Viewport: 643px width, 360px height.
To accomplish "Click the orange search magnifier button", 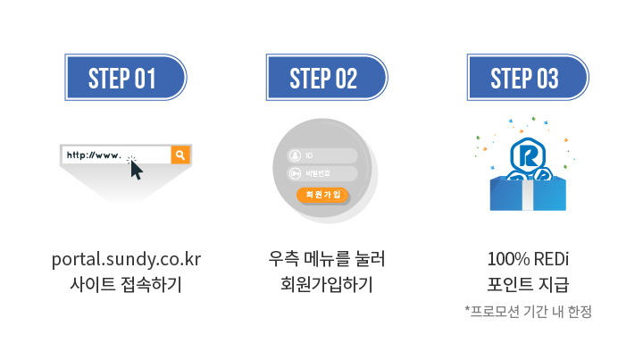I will pos(180,155).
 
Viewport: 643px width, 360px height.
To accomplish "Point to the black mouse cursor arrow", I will pos(136,169).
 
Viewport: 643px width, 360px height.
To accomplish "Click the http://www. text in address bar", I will pos(93,155).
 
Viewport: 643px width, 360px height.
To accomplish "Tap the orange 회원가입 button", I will pos(323,195).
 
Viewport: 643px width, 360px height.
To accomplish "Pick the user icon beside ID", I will pos(294,155).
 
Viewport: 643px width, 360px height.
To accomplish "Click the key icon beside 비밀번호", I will pos(294,173).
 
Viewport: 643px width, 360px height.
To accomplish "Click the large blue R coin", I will pos(528,155).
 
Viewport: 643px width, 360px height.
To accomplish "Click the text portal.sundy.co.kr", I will pos(126,260).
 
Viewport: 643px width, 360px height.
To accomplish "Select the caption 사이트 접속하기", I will pos(126,285).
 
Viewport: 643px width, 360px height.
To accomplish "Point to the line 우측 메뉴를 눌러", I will pos(326,260).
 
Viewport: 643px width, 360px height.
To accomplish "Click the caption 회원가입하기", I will pos(326,285).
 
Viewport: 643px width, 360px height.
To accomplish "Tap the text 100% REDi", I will pos(528,260).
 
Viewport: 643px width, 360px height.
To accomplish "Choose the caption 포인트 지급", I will pos(528,285).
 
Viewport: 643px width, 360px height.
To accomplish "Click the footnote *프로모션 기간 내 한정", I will pos(528,311).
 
